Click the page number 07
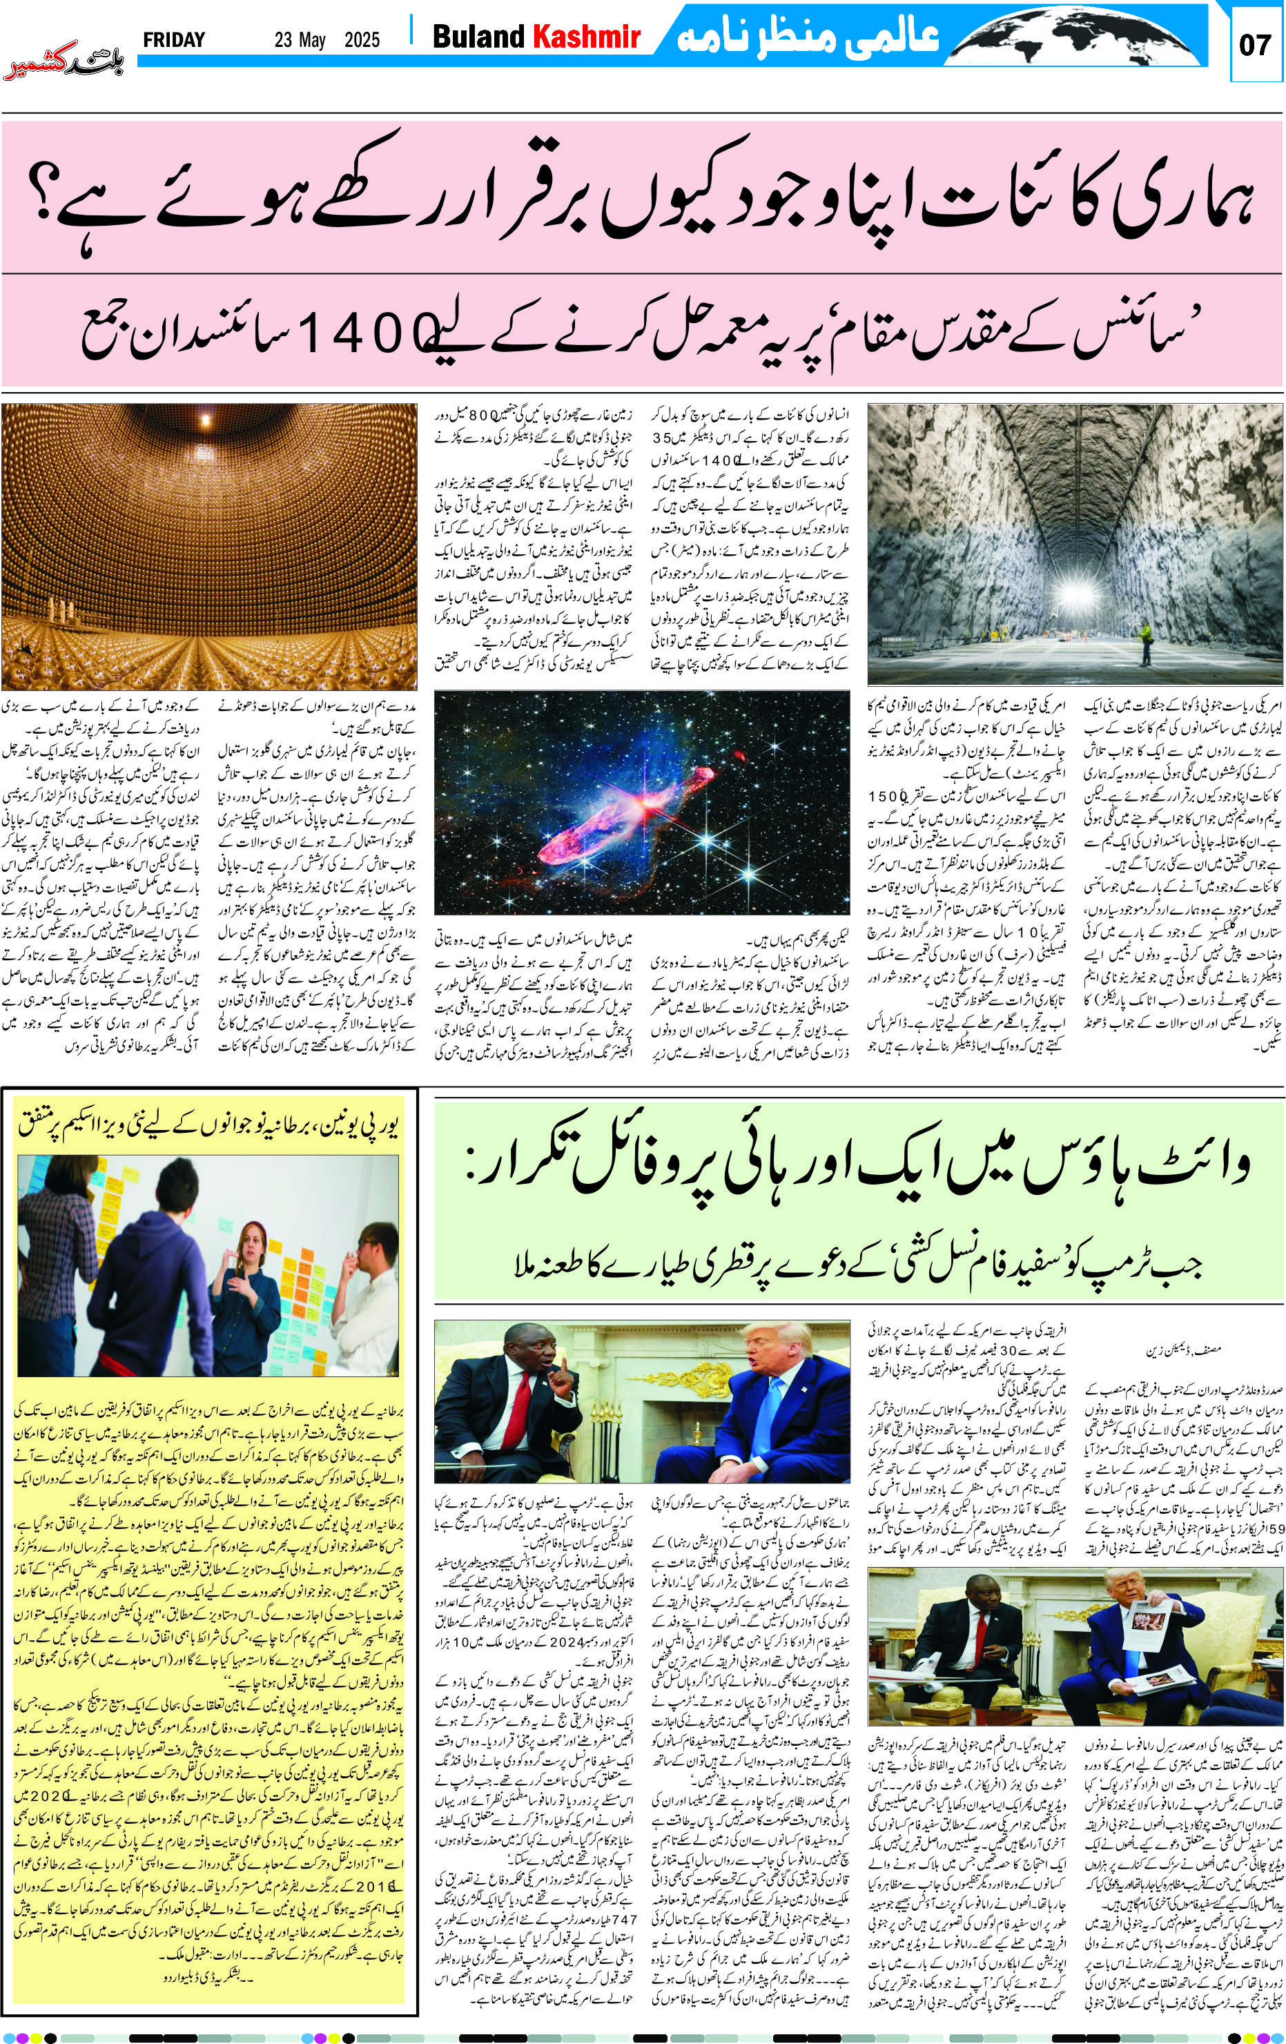1255,43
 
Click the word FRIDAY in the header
174,40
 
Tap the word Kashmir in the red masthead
585,37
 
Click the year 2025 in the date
362,40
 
